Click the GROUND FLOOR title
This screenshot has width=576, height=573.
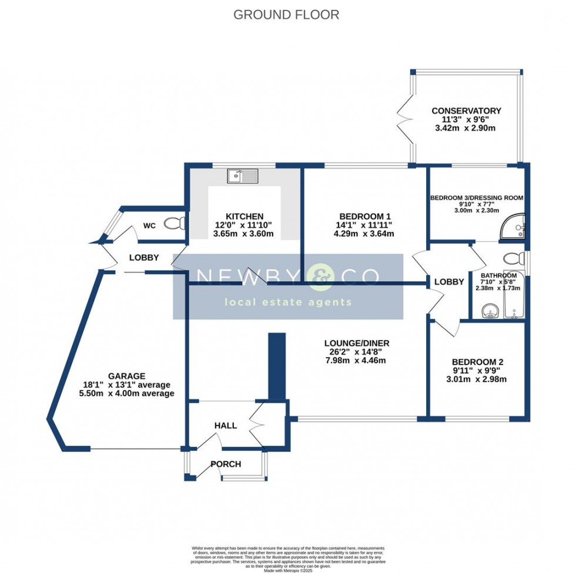pos(286,15)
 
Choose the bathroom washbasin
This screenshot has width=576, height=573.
pos(488,311)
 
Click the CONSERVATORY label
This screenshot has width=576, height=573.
pos(466,110)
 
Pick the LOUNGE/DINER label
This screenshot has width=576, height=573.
pos(357,343)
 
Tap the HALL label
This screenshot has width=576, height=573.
pos(225,425)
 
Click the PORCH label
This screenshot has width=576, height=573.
pos(226,464)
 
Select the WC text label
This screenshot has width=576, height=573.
pos(149,225)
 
